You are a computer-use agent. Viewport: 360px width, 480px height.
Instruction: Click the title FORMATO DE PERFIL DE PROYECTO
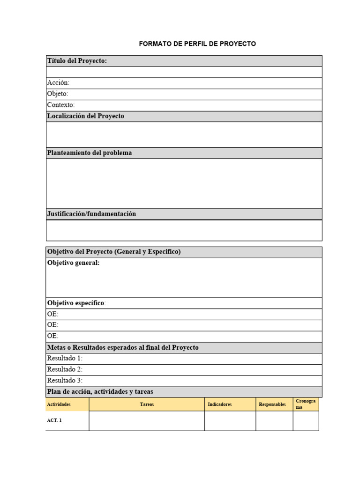(197, 44)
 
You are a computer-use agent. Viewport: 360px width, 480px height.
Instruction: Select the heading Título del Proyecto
(77, 61)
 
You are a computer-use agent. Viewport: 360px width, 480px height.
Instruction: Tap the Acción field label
(58, 83)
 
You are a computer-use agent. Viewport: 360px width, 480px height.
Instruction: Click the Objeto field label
(58, 94)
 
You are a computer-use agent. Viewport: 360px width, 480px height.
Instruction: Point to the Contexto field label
(61, 105)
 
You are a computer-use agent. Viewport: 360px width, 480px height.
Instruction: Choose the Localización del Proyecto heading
(86, 116)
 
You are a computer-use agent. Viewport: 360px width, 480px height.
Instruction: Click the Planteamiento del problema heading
(90, 153)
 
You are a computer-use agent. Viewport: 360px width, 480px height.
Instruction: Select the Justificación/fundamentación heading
(92, 214)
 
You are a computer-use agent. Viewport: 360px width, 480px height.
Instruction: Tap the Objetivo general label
(74, 263)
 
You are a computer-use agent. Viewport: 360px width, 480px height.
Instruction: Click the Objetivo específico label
(76, 303)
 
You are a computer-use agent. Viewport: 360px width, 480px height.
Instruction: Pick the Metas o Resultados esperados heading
(123, 347)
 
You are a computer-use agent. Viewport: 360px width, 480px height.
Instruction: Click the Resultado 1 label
(65, 359)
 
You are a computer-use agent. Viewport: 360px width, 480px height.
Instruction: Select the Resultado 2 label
(65, 369)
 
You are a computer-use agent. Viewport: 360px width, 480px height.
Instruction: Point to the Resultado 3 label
(65, 381)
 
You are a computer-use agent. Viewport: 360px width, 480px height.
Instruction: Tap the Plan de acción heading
(100, 391)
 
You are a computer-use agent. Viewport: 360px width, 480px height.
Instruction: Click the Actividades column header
(59, 404)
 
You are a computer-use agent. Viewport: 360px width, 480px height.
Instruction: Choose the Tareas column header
(147, 404)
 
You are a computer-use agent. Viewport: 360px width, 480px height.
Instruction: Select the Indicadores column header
(220, 404)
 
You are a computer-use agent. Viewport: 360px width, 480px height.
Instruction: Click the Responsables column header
(272, 404)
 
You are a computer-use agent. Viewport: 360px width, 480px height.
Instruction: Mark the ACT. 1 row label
(54, 420)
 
